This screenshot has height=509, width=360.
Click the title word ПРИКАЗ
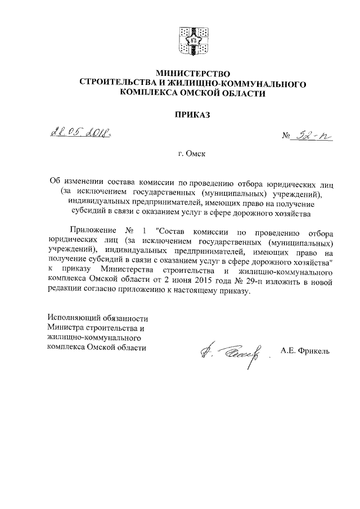click(192, 115)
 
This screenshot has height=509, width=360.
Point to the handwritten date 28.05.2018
click(80, 133)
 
